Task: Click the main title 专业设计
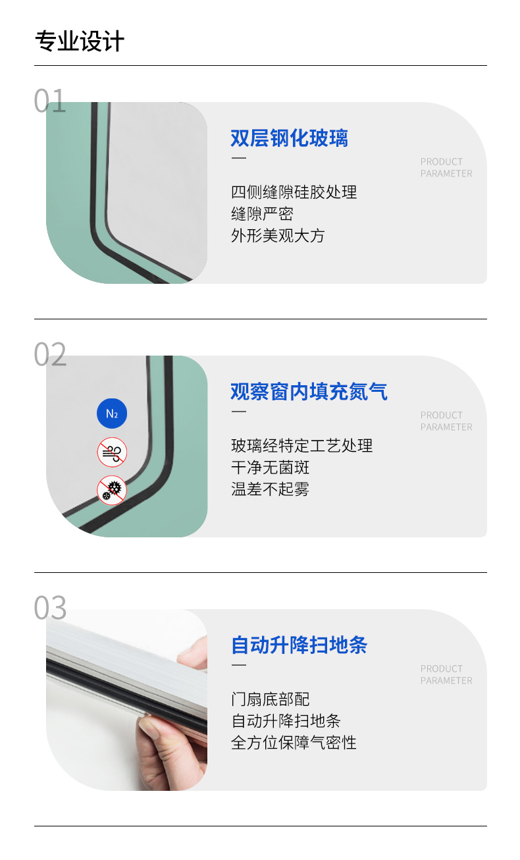80,41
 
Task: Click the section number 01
50,101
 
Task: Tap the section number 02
50,354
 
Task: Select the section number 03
50,607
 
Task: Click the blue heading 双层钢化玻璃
290,138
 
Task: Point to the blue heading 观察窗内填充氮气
309,392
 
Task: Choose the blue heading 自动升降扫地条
299,645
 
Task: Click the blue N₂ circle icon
112,414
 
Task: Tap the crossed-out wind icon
112,452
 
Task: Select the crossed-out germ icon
112,491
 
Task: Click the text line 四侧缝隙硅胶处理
294,192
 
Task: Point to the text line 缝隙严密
262,214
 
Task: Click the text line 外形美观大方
278,236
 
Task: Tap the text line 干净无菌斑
270,468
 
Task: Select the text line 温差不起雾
270,489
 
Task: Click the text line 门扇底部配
270,699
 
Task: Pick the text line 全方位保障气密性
294,743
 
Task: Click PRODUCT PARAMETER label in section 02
446,421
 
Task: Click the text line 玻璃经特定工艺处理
301,445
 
